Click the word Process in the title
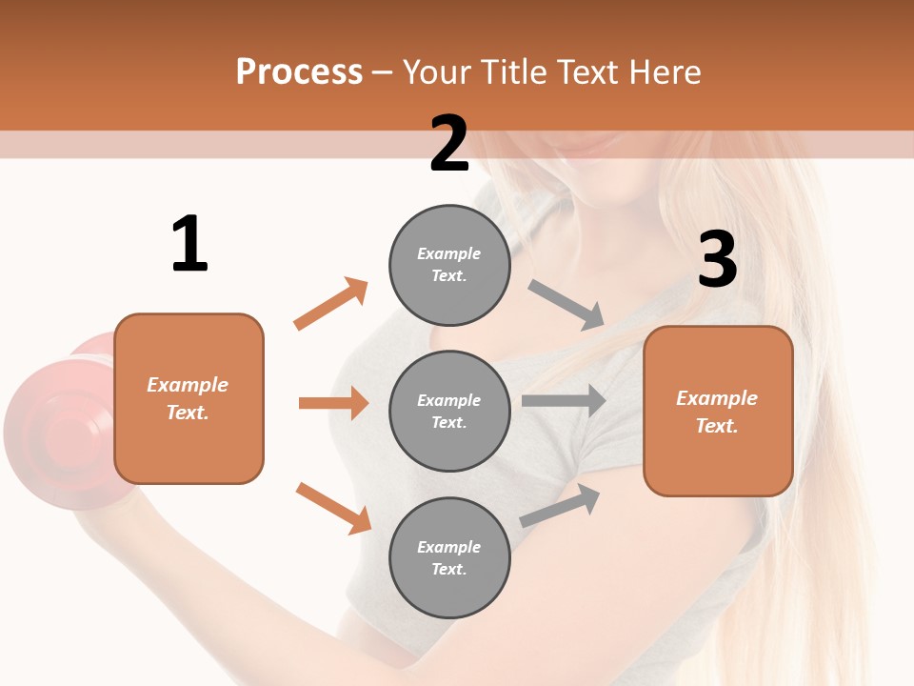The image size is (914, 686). [299, 72]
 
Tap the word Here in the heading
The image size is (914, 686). [664, 72]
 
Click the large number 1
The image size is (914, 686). [189, 244]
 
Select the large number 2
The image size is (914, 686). [449, 144]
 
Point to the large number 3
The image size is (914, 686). [718, 260]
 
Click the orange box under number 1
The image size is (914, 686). [189, 398]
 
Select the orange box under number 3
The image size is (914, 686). [718, 412]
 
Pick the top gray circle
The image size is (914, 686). [449, 265]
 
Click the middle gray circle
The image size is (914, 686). [449, 411]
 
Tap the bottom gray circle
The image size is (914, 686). [449, 557]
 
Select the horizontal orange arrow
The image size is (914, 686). [333, 403]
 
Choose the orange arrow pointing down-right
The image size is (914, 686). [333, 508]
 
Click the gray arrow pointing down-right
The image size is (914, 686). [566, 304]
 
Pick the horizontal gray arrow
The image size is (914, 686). [564, 400]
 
